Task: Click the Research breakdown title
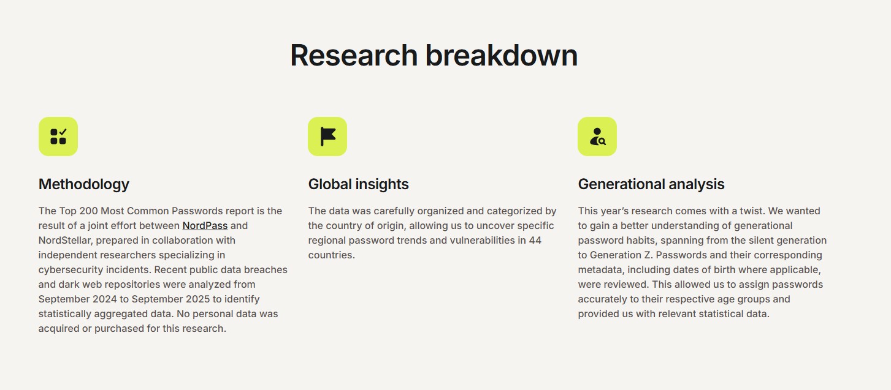pos(434,55)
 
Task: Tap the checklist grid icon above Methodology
pos(58,136)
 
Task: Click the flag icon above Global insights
pos(327,136)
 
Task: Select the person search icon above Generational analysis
pos(597,136)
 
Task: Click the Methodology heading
pos(83,184)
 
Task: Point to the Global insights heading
pos(358,184)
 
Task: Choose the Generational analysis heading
pos(651,184)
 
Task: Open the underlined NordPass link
pos(205,225)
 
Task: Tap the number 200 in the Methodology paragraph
pos(88,211)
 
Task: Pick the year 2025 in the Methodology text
pos(197,299)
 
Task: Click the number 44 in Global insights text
pos(535,240)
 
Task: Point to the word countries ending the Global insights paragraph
pos(331,255)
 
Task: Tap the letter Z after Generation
pos(647,255)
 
